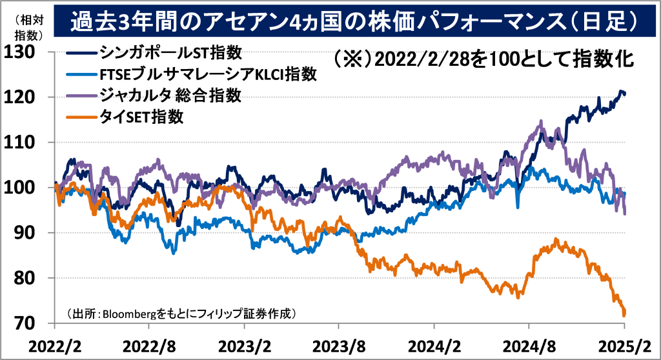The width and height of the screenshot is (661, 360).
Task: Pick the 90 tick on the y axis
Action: coord(24,233)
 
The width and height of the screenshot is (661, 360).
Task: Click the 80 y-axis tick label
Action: coord(24,278)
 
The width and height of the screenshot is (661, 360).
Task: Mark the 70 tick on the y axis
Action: coord(24,323)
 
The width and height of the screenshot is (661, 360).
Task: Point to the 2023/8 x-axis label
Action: coord(338,345)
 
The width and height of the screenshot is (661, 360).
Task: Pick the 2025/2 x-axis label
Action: coord(622,345)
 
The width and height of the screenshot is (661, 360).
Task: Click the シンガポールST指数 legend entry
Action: coord(172,53)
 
